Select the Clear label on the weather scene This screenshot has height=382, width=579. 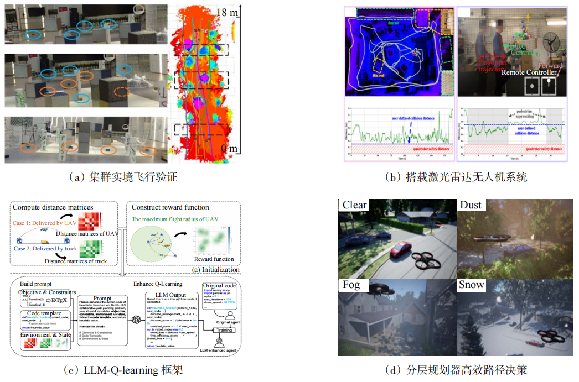[x=354, y=205]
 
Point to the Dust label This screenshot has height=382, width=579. [x=471, y=205]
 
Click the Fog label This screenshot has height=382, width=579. [x=351, y=285]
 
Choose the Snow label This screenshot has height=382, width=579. [x=472, y=285]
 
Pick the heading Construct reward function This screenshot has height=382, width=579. [x=170, y=207]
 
